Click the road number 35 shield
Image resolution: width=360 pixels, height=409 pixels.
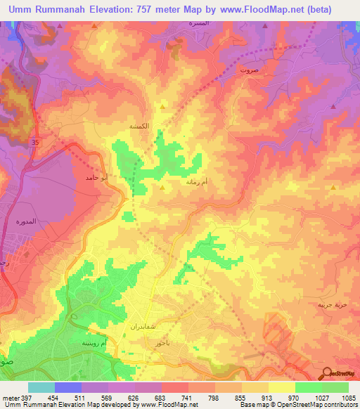tap(34, 143)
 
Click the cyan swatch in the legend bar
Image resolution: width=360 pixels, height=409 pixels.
tap(41, 387)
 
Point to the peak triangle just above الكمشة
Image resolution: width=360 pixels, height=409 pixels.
tap(163, 108)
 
